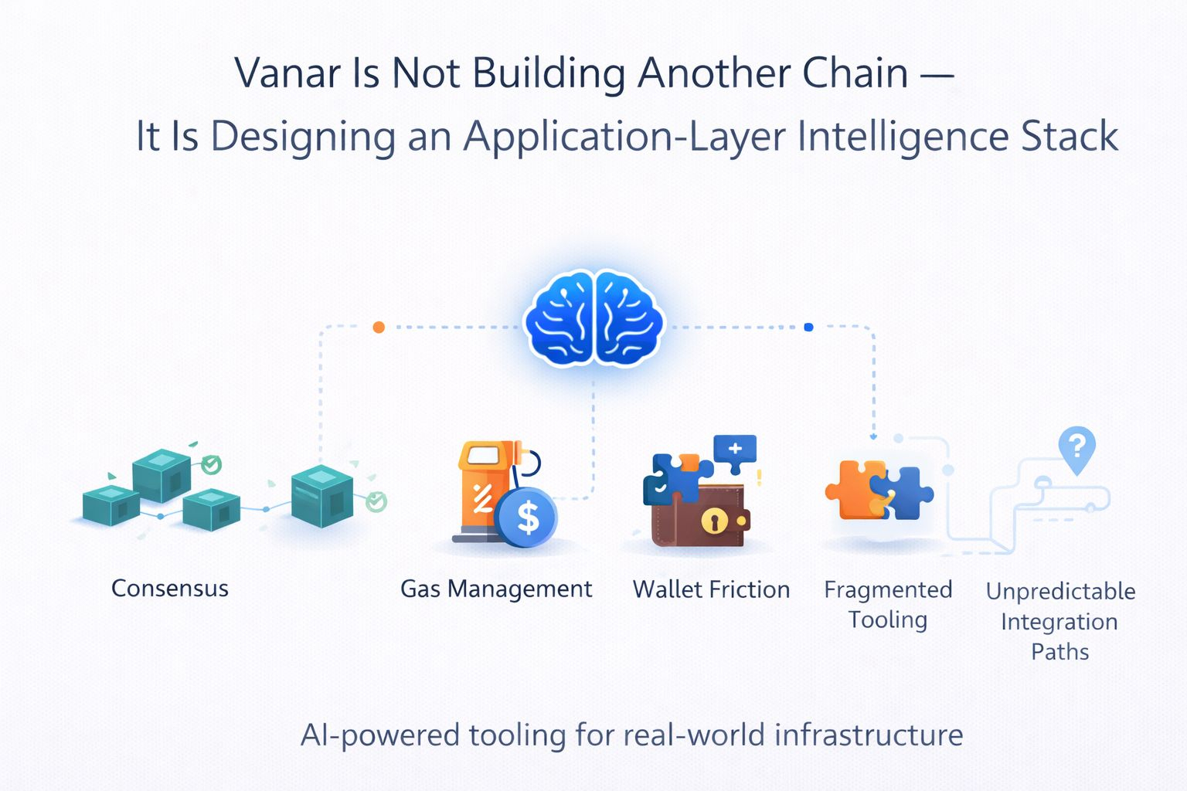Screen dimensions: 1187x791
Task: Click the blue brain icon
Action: coord(593,317)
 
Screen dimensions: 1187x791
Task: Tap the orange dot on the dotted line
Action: coord(379,328)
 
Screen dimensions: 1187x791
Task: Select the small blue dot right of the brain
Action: coord(808,328)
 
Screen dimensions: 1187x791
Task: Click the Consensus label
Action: coord(170,589)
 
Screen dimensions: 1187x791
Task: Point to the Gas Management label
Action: coord(496,589)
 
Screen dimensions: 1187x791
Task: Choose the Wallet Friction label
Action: coord(711,589)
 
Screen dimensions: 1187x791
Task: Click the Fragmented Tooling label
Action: coord(888,604)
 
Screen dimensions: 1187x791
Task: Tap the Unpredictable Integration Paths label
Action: coord(1060,621)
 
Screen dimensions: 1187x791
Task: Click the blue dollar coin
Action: coord(528,518)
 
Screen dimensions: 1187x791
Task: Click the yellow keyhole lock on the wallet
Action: coord(714,521)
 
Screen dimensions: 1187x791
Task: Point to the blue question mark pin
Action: coord(1076,447)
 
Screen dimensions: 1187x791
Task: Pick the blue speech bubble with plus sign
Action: coord(735,450)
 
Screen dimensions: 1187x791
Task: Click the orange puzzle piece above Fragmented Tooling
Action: coord(854,490)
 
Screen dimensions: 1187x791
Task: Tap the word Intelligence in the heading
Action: coord(903,137)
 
